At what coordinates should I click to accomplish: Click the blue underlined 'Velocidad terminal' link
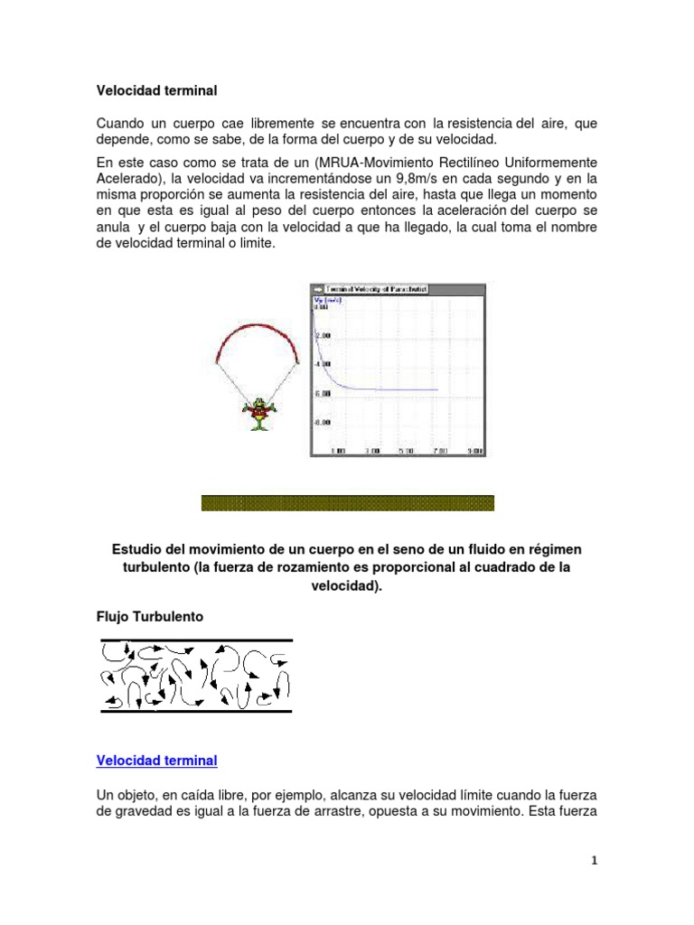click(156, 761)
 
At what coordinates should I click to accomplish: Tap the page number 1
click(595, 861)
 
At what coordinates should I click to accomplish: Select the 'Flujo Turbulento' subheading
click(150, 617)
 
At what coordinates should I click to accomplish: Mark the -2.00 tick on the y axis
click(322, 334)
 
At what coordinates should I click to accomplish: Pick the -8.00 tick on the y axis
click(322, 422)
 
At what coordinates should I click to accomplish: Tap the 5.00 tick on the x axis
click(405, 450)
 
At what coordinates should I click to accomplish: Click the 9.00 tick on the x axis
click(474, 450)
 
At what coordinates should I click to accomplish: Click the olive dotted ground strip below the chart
click(347, 503)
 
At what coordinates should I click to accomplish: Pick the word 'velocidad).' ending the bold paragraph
click(347, 585)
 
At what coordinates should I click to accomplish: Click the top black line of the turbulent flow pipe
click(196, 640)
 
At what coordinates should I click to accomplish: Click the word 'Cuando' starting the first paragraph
click(120, 123)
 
